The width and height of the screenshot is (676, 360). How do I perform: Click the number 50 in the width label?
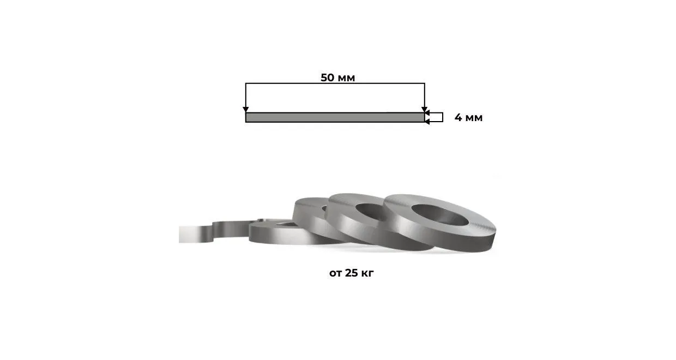tap(328, 77)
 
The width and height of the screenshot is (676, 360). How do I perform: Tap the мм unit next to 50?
tap(346, 79)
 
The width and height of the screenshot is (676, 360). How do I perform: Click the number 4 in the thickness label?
tap(458, 117)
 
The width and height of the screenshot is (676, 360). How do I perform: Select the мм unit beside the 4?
tap(474, 118)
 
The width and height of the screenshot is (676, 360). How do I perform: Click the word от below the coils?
tap(336, 274)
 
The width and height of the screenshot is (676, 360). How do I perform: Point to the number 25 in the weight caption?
tap(351, 273)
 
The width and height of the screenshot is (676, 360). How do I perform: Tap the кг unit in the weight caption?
tap(367, 274)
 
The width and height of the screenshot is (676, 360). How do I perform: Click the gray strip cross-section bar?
tap(335, 117)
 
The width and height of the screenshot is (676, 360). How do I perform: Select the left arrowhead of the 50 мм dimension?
tap(246, 109)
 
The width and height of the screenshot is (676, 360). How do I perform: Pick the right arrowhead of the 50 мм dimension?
tap(425, 109)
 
